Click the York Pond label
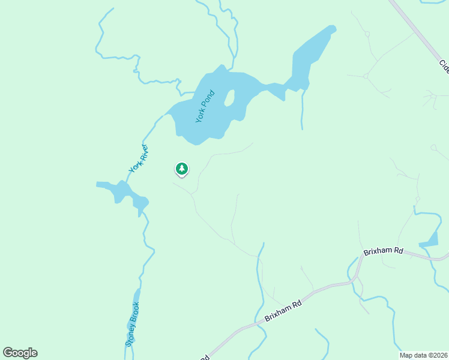click(205, 107)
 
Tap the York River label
click(139, 160)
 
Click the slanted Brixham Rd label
click(283, 314)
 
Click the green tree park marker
click(181, 169)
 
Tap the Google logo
click(20, 353)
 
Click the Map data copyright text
click(424, 355)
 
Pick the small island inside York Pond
click(229, 98)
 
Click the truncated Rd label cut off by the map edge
click(205, 357)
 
